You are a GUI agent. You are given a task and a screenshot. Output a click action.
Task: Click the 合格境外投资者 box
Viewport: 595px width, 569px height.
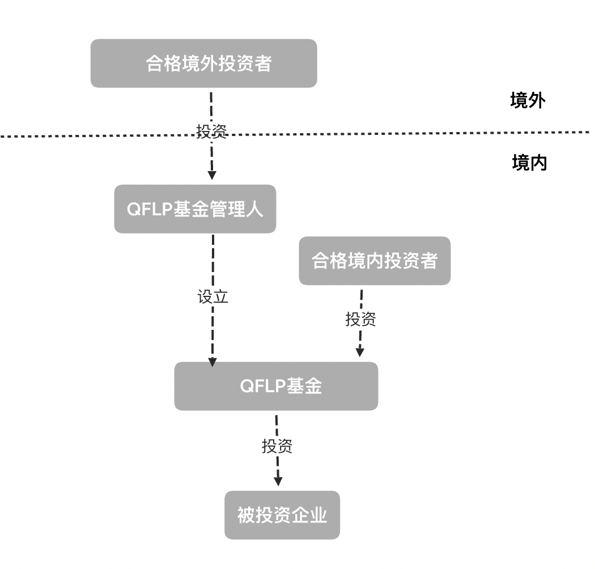[x=203, y=63]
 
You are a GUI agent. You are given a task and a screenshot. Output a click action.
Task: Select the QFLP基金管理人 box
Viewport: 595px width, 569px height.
[x=195, y=209]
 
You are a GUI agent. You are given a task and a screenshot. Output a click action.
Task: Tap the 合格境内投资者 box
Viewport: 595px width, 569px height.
[x=375, y=261]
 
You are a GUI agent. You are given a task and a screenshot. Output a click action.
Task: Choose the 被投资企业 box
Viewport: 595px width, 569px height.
[x=282, y=515]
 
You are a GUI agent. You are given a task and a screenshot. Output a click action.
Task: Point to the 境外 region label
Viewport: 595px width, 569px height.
[x=528, y=101]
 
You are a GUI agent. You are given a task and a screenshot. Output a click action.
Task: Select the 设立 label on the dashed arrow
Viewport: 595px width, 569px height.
[x=212, y=298]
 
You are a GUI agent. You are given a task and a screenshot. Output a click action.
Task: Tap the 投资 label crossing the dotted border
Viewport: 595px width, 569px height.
[x=212, y=131]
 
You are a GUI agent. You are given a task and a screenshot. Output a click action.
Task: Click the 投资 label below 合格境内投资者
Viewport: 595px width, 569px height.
[x=360, y=319]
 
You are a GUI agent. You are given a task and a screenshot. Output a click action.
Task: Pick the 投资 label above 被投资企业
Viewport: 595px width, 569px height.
[x=277, y=446]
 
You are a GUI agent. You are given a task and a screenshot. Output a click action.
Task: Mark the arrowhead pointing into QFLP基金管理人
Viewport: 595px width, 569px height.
[x=212, y=175]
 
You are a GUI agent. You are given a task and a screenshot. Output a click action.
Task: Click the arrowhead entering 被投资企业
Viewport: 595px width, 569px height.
[x=278, y=481]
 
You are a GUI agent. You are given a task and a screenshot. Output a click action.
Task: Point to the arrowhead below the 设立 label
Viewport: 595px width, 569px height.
[x=213, y=362]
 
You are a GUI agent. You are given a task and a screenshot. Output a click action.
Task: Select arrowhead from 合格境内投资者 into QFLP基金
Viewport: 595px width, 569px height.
[x=359, y=352]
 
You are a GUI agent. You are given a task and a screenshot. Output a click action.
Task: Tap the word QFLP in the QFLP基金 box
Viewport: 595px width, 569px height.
[x=262, y=387]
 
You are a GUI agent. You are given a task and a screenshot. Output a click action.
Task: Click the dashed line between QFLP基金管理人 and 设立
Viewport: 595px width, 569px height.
[x=212, y=261]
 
